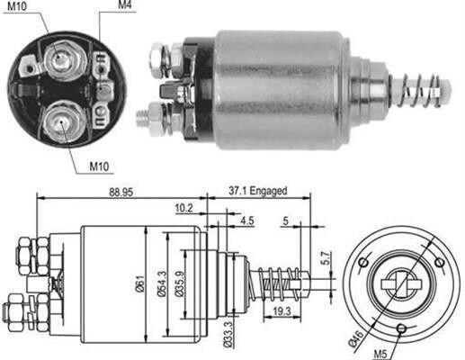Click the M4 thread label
pos(125,4)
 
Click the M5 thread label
pos(380,355)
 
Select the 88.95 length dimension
pos(121,192)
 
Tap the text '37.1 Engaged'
pos(258,191)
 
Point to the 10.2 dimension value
pos(184,208)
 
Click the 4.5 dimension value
pos(247,220)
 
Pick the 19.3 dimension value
pos(282,311)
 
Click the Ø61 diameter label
pos(140,283)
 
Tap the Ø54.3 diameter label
pos(161,283)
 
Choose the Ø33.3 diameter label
pos(228,334)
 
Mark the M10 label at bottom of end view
pos(99,166)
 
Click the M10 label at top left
pos(17,6)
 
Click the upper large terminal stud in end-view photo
pos(62,60)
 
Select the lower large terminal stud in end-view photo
pos(61,121)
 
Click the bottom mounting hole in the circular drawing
pos(401,328)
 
